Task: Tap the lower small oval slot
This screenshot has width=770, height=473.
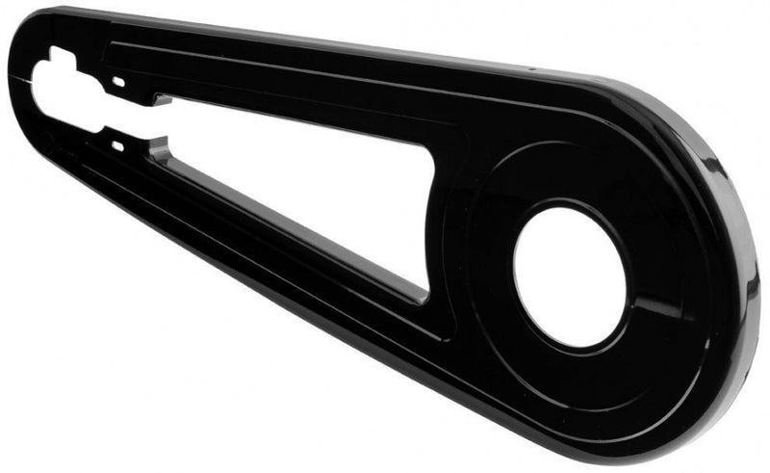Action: (117, 146)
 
